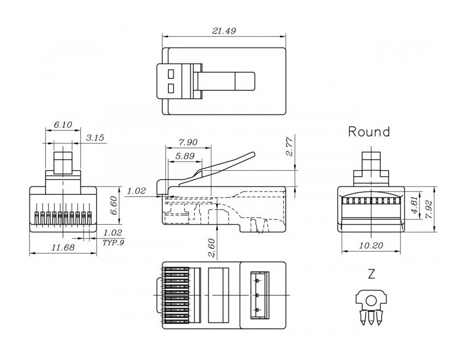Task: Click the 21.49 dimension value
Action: click(223, 31)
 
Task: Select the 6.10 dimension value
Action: click(63, 125)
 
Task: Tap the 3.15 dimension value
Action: click(95, 137)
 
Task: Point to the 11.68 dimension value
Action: click(63, 248)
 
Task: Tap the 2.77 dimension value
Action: click(290, 146)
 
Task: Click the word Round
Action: click(369, 131)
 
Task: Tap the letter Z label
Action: click(372, 275)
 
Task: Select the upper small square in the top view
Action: click(171, 73)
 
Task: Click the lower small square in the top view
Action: click(171, 88)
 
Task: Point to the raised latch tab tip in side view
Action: click(252, 155)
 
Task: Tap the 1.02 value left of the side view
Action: click(136, 190)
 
